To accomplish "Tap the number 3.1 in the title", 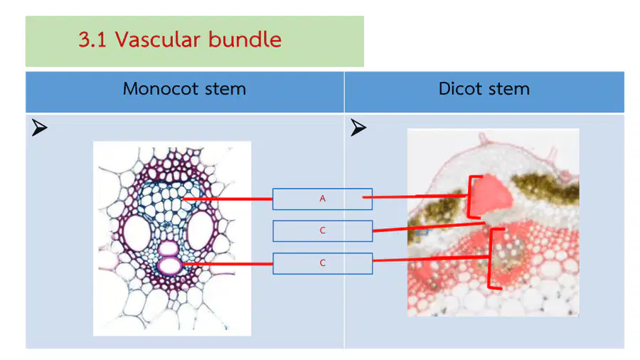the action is tap(92, 40).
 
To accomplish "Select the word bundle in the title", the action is tap(245, 40).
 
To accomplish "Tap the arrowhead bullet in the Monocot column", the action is tap(40, 127).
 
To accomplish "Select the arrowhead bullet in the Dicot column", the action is tap(358, 127).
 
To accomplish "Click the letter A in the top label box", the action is tap(322, 198).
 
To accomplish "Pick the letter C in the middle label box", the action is tap(322, 231).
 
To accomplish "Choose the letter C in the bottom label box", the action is tap(322, 263).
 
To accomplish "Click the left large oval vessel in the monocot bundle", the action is tap(137, 233).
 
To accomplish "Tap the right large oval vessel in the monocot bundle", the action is tap(200, 231).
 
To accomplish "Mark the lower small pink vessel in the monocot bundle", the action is tap(169, 265).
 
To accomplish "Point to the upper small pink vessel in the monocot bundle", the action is tap(168, 248).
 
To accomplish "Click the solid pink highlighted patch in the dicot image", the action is tap(491, 195).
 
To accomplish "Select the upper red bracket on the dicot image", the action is tap(469, 197).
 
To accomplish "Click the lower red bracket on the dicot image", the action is tap(491, 258).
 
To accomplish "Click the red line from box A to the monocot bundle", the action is tap(228, 199).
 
